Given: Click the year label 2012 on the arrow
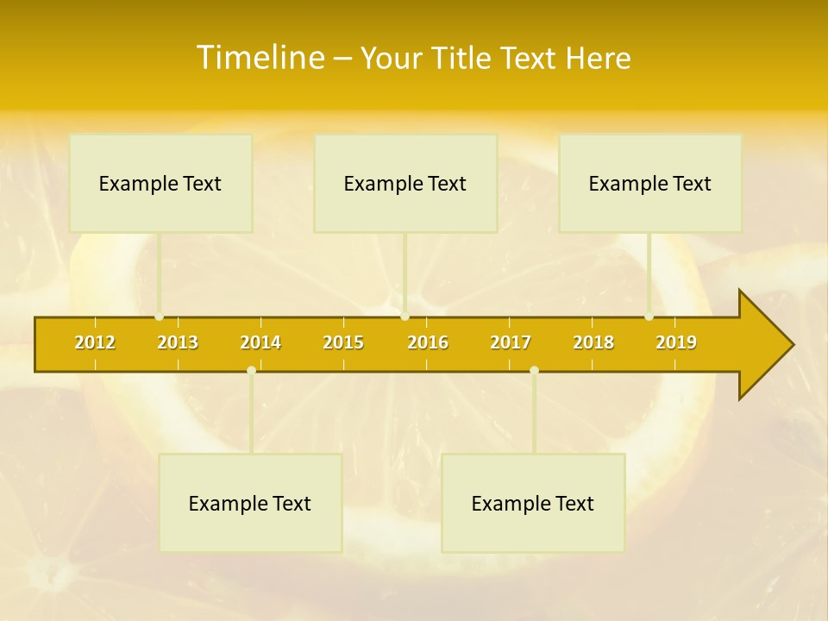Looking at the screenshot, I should point(95,343).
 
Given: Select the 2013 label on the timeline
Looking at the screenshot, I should point(178,343).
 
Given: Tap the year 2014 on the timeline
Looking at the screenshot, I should point(260,343).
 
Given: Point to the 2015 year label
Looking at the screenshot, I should point(343,343).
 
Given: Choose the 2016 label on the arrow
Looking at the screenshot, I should point(428,343).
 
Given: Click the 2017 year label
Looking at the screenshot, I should point(511,343).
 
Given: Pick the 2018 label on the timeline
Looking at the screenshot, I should point(593,343).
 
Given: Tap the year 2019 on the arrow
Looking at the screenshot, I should point(676,343).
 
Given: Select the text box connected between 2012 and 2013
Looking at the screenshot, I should point(160,184).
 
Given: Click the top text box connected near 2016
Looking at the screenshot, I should point(405,184).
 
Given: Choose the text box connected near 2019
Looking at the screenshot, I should point(650,184).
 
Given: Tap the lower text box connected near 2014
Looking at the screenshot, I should point(250,504).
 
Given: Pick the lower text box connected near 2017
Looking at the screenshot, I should point(533,504).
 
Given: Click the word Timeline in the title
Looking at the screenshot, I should point(260,58).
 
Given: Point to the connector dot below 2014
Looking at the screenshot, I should point(251,370).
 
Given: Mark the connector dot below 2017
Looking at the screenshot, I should point(534,370).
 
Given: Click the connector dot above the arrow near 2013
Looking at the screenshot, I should point(160,317).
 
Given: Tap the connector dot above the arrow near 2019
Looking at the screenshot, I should point(649,317).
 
